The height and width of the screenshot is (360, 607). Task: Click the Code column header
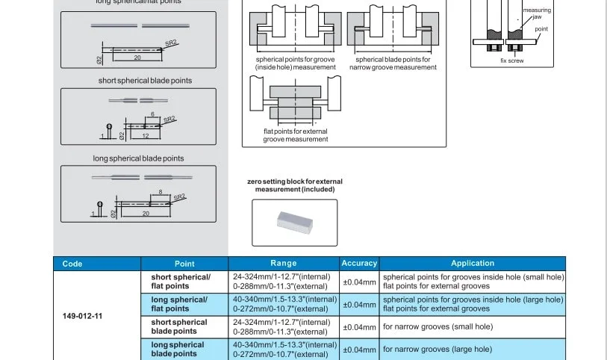[73, 264]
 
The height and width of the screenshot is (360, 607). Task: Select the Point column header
[184, 264]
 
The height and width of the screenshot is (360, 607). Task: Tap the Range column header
[284, 264]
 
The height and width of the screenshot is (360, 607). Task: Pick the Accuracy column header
[359, 264]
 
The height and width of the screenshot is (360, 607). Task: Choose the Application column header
[473, 264]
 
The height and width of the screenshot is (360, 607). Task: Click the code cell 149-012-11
[83, 316]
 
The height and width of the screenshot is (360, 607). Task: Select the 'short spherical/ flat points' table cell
[181, 282]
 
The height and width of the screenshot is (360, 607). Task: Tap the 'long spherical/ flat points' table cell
[179, 304]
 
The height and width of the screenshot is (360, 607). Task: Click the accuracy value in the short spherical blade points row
[359, 327]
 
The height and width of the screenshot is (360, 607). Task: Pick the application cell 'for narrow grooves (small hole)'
[438, 327]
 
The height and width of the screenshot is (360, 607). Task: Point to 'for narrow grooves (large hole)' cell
[438, 349]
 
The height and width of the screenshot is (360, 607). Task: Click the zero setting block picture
[294, 223]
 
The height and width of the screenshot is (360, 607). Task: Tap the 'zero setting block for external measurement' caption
[295, 185]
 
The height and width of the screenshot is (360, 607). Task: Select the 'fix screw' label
[512, 61]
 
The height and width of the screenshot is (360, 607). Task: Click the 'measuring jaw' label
[537, 13]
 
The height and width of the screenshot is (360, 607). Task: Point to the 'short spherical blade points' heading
[145, 81]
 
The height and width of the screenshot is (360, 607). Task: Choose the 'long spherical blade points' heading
[138, 158]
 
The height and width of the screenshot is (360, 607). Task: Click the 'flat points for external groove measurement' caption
[295, 136]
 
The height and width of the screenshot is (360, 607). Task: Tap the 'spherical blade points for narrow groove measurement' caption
[393, 63]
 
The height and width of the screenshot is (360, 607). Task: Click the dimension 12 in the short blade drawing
[146, 136]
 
